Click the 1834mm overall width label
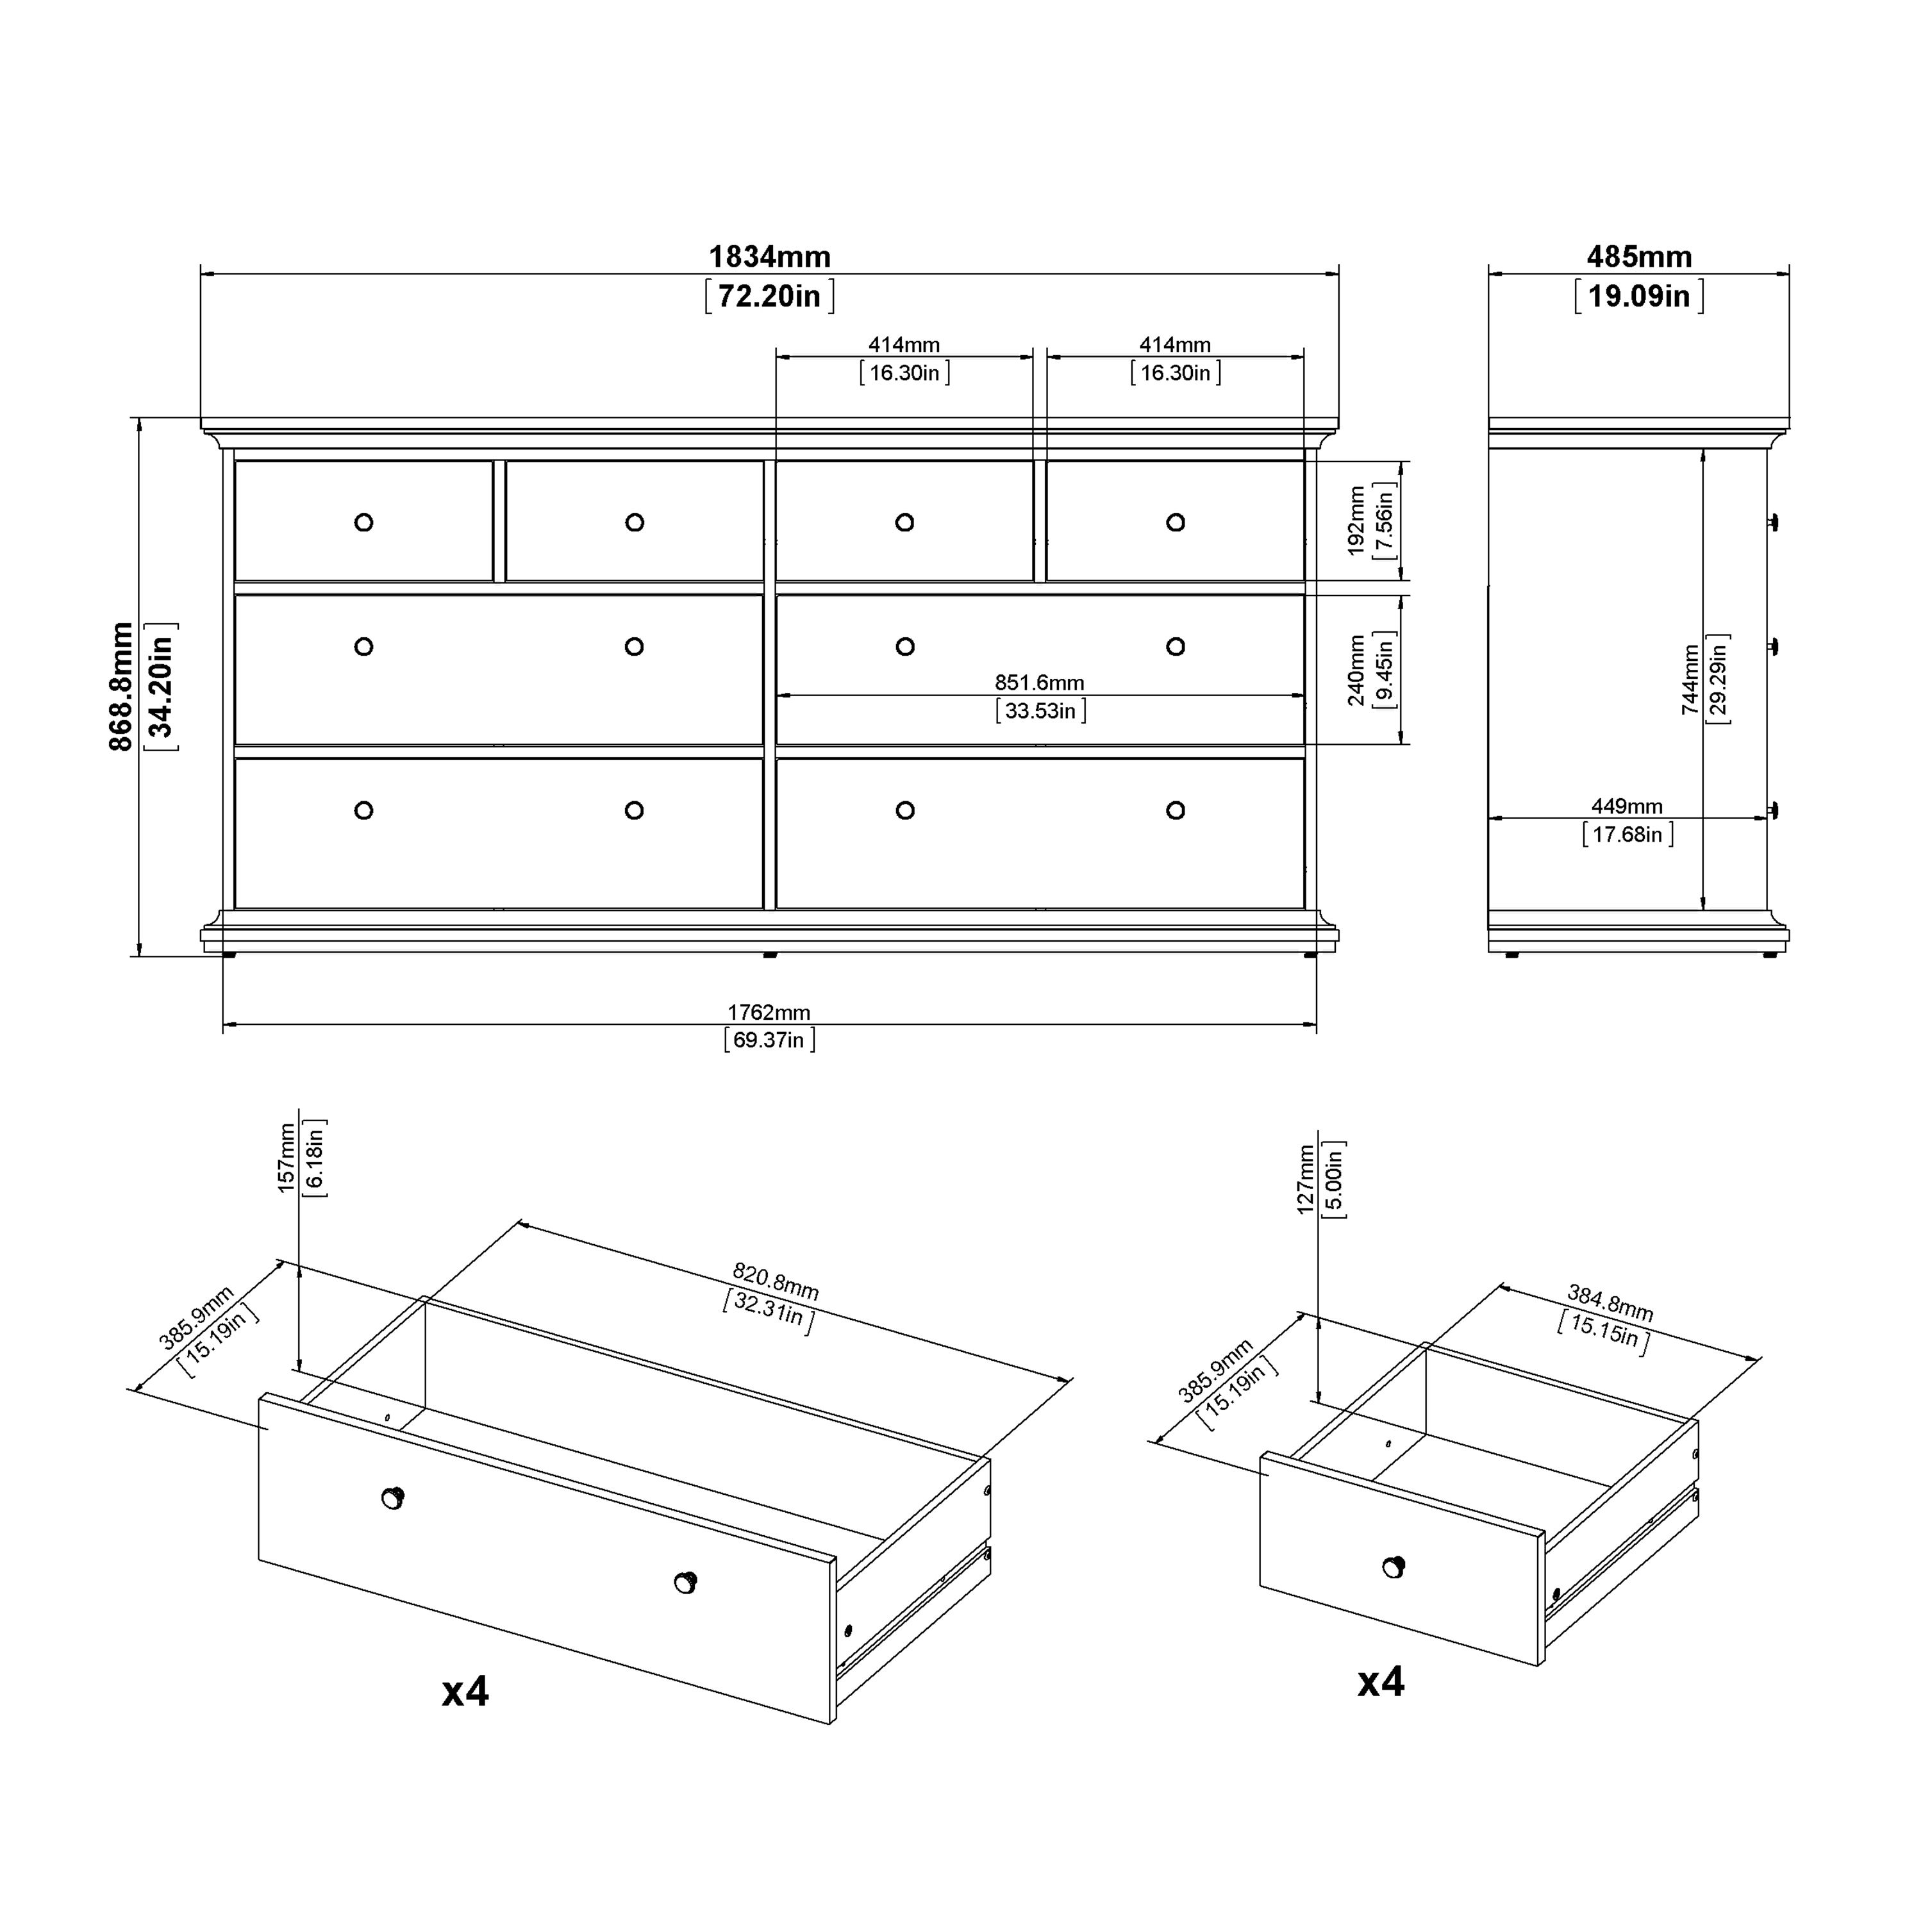coord(769,257)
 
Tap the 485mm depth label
coord(1639,257)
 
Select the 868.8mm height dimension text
coord(121,687)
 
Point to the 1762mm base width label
coord(769,1012)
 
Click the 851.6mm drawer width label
coord(1040,683)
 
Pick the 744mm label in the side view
coord(1690,680)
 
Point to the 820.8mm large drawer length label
coord(776,1282)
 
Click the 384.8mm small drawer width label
coord(1610,1304)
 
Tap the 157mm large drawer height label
coord(287,1158)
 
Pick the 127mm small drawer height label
coord(1306,1179)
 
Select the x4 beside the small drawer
coord(1381,1682)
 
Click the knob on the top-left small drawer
coord(363,522)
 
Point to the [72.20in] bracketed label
coord(769,297)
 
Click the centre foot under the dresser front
coord(769,954)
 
